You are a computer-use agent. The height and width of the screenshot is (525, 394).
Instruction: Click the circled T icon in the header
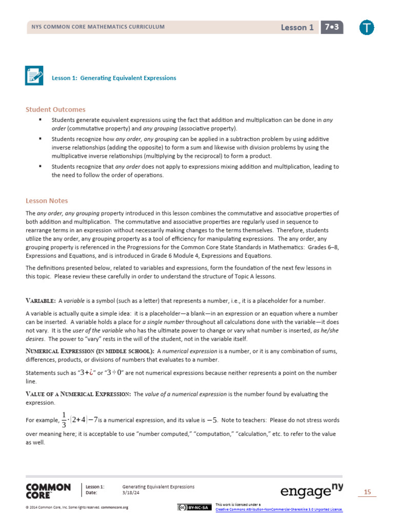pyautogui.click(x=367, y=28)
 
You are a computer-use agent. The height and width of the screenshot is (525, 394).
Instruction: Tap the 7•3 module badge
pyautogui.click(x=332, y=27)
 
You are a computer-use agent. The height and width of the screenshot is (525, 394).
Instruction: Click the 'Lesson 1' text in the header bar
pyautogui.click(x=297, y=28)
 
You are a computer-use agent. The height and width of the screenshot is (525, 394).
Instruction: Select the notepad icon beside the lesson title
pyautogui.click(x=34, y=75)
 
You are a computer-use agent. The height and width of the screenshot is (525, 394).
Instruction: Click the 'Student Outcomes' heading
pyautogui.click(x=55, y=110)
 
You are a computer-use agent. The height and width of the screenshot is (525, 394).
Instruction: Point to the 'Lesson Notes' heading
pyautogui.click(x=47, y=201)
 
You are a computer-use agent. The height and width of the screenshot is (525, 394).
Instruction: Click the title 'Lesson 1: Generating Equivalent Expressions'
pyautogui.click(x=114, y=78)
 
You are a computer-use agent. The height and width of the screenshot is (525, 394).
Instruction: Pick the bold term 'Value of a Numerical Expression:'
pyautogui.click(x=78, y=394)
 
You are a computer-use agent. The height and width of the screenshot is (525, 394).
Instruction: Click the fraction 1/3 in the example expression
pyautogui.click(x=64, y=420)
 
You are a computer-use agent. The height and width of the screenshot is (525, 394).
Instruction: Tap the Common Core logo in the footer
pyautogui.click(x=48, y=491)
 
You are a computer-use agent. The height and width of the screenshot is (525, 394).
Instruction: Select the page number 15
pyautogui.click(x=367, y=492)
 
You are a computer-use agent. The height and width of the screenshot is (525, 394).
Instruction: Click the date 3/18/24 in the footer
pyautogui.click(x=130, y=493)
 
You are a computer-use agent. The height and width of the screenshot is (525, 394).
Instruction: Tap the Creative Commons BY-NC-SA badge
pyautogui.click(x=193, y=508)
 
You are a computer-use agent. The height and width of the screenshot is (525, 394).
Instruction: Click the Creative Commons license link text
pyautogui.click(x=279, y=509)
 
